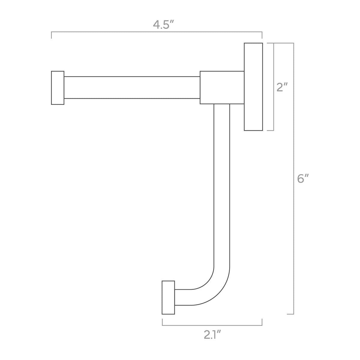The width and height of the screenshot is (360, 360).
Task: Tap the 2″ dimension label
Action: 282,87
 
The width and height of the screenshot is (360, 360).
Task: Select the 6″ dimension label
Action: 303,178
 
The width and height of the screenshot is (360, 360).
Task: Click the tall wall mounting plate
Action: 253,87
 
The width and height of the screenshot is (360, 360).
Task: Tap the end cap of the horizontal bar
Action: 58,88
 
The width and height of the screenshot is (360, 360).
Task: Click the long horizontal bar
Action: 132,87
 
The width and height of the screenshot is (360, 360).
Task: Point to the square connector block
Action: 222,87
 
